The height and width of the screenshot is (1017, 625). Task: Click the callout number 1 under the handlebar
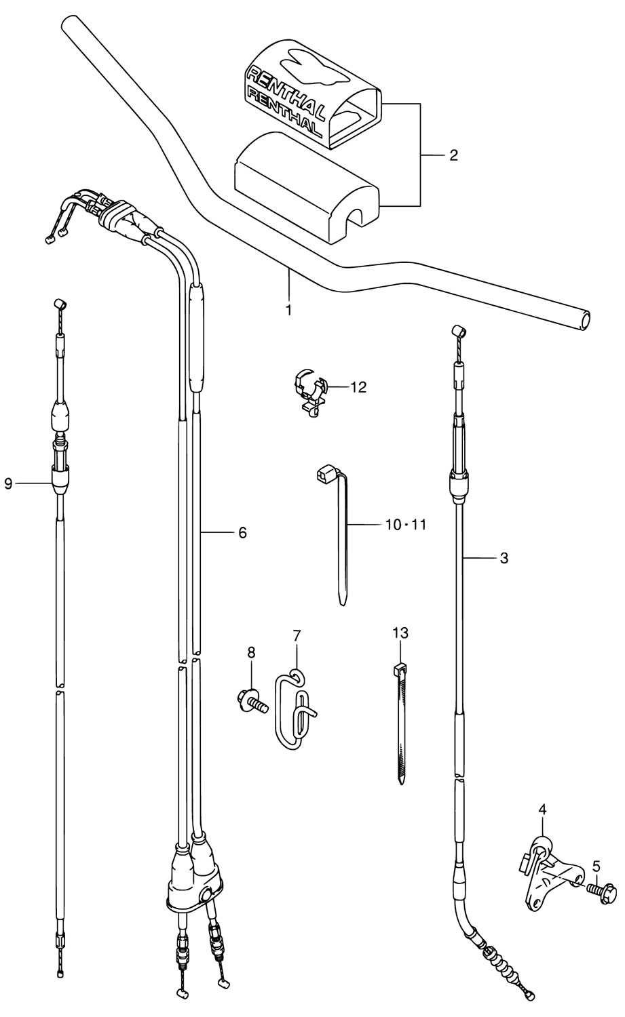[288, 311]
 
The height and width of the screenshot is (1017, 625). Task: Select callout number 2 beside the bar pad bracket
[453, 156]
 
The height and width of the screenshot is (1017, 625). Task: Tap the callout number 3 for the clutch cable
[504, 558]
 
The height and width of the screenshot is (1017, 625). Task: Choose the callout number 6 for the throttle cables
[243, 532]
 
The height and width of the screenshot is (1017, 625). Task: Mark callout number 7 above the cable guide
[297, 636]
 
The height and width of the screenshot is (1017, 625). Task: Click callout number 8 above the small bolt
[251, 653]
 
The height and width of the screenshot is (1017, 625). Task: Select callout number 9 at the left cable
[8, 484]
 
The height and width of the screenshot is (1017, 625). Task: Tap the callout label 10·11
[406, 525]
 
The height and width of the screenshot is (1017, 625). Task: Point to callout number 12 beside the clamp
[358, 387]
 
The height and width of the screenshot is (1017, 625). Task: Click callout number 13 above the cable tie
[401, 633]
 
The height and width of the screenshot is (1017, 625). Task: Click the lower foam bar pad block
[305, 187]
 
